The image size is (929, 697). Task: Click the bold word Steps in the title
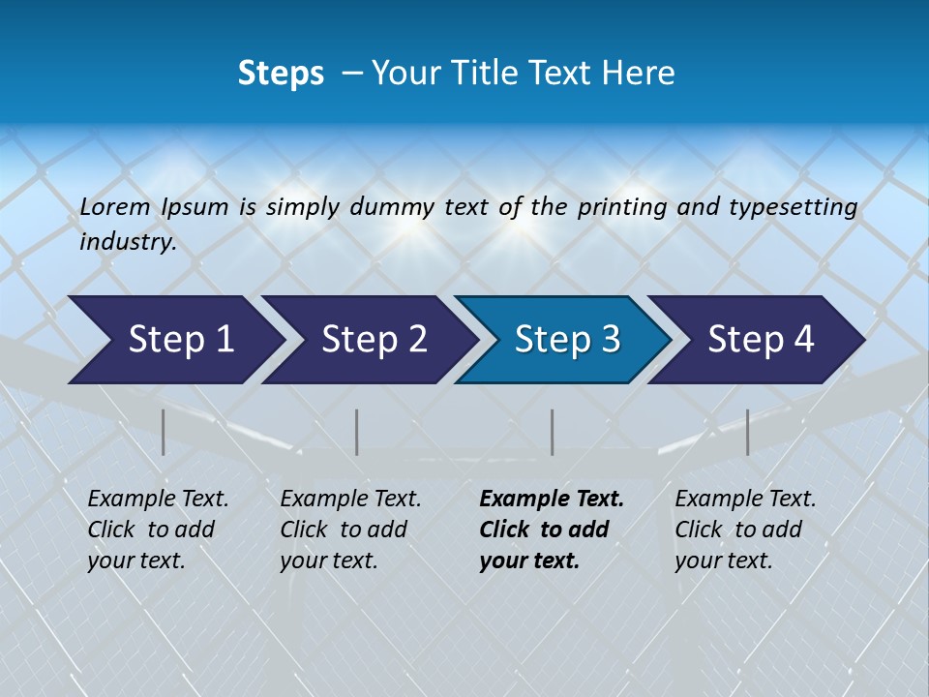pyautogui.click(x=281, y=74)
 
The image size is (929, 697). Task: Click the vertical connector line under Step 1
pyautogui.click(x=164, y=432)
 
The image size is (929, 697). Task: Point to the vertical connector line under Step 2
pyautogui.click(x=357, y=432)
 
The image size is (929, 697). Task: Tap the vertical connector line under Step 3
pyautogui.click(x=553, y=432)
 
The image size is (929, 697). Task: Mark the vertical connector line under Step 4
pyautogui.click(x=748, y=432)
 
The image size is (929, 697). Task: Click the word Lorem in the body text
pyautogui.click(x=115, y=207)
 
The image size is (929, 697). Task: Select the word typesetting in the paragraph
pyautogui.click(x=793, y=207)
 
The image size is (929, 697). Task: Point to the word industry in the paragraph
pyautogui.click(x=128, y=242)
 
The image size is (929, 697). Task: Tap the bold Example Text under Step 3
pyautogui.click(x=552, y=500)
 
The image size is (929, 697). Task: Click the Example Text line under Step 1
pyautogui.click(x=158, y=500)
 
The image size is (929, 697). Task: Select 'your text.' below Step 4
pyautogui.click(x=723, y=561)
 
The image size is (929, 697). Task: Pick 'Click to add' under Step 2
pyautogui.click(x=344, y=530)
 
